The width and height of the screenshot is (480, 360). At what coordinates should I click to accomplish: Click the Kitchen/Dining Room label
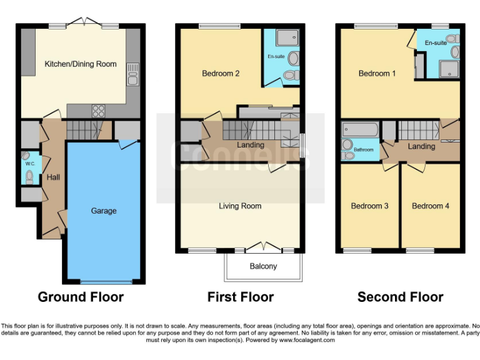click(80, 64)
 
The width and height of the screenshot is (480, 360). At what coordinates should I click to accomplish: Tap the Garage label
click(104, 211)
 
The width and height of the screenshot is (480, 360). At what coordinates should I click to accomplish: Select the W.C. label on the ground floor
click(29, 164)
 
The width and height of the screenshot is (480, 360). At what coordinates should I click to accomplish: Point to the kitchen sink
click(132, 78)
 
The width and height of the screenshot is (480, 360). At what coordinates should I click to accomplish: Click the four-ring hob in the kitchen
click(98, 111)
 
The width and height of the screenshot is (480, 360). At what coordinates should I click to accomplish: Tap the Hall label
click(53, 177)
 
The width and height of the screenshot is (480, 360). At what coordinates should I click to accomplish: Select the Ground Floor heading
click(81, 297)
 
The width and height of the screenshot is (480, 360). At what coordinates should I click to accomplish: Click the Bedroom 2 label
click(221, 73)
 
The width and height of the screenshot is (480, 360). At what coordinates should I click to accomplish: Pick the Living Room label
click(240, 206)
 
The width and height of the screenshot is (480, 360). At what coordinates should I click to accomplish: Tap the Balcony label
click(263, 266)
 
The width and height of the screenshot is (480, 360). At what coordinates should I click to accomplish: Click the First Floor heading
click(241, 297)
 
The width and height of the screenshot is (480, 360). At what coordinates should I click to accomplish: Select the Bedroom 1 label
click(377, 73)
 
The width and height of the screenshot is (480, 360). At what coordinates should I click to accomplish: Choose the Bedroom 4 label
click(431, 206)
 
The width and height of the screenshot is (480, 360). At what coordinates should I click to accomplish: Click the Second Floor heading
click(401, 297)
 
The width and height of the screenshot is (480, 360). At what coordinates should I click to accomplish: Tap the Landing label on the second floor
click(421, 146)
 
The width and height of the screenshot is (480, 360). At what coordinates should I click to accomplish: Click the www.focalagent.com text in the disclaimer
click(307, 340)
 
